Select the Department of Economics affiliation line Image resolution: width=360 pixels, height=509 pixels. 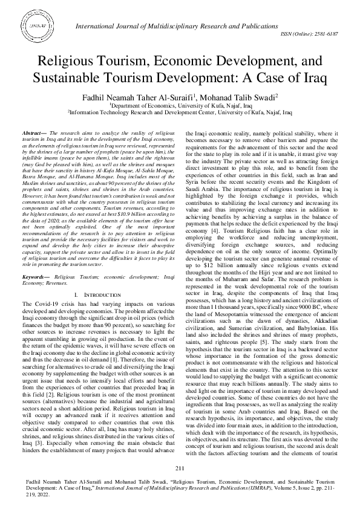(180, 105)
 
